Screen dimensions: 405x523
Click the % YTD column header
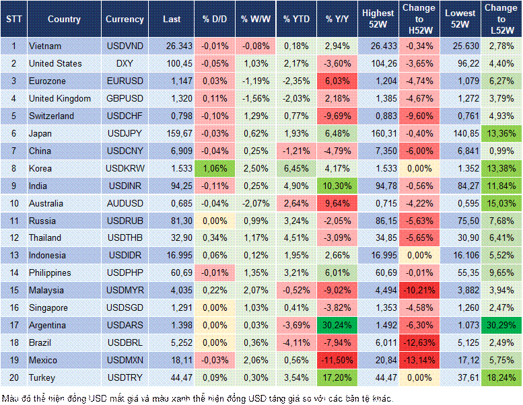(296, 20)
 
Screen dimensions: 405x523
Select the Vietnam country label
(45, 46)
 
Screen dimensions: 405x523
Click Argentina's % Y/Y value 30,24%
(337, 325)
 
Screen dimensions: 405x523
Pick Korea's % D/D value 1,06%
(213, 168)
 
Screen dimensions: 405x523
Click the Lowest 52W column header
(460, 20)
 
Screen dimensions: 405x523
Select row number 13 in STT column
(13, 255)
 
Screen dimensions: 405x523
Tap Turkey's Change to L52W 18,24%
(502, 377)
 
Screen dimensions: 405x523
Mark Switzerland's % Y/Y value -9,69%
(337, 116)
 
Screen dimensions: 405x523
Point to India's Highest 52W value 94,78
(378, 186)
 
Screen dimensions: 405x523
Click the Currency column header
(125, 20)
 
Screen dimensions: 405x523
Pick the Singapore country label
(48, 307)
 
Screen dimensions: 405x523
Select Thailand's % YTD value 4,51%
(296, 237)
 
